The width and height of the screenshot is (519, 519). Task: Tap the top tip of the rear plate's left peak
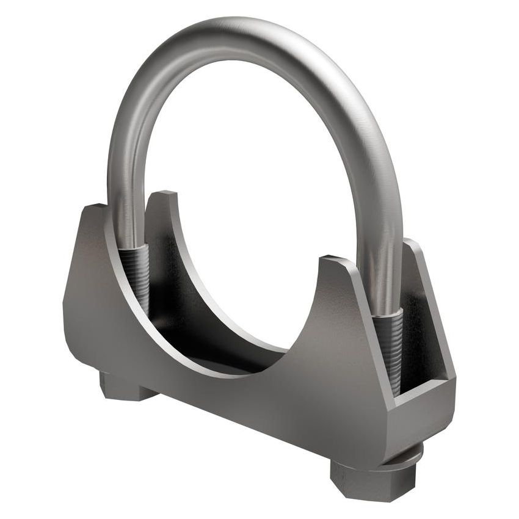[x=164, y=195]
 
